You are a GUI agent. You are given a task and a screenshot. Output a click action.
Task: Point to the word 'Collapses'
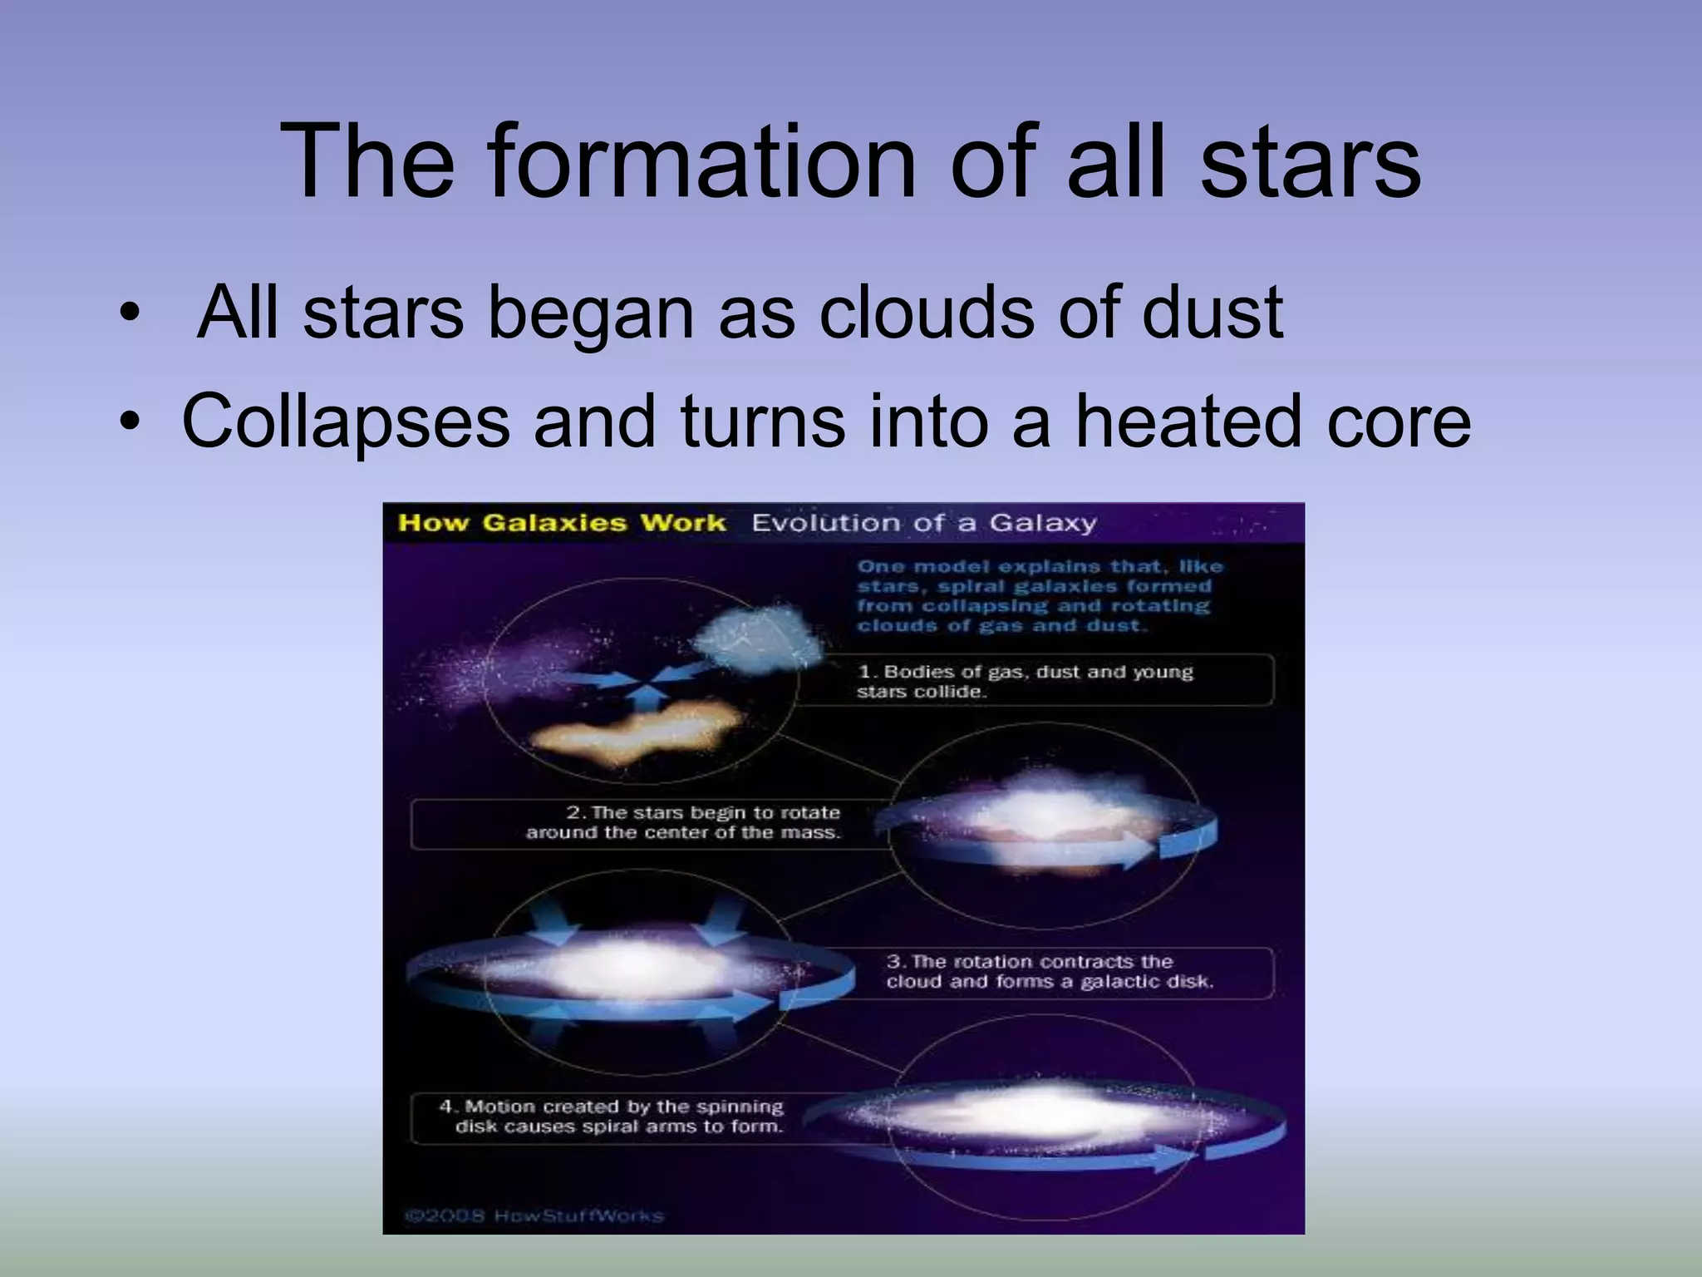(x=346, y=422)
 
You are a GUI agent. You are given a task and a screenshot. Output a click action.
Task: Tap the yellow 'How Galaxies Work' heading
(x=562, y=523)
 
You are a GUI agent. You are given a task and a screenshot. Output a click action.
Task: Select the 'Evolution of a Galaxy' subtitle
(x=924, y=523)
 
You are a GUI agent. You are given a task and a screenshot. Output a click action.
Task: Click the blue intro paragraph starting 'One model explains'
(x=1039, y=596)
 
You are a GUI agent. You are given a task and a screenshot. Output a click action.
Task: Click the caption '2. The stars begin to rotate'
(x=683, y=822)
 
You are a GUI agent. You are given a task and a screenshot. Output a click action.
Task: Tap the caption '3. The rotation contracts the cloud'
(x=1049, y=971)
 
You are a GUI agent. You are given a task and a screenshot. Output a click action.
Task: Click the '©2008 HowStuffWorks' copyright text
(x=534, y=1216)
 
